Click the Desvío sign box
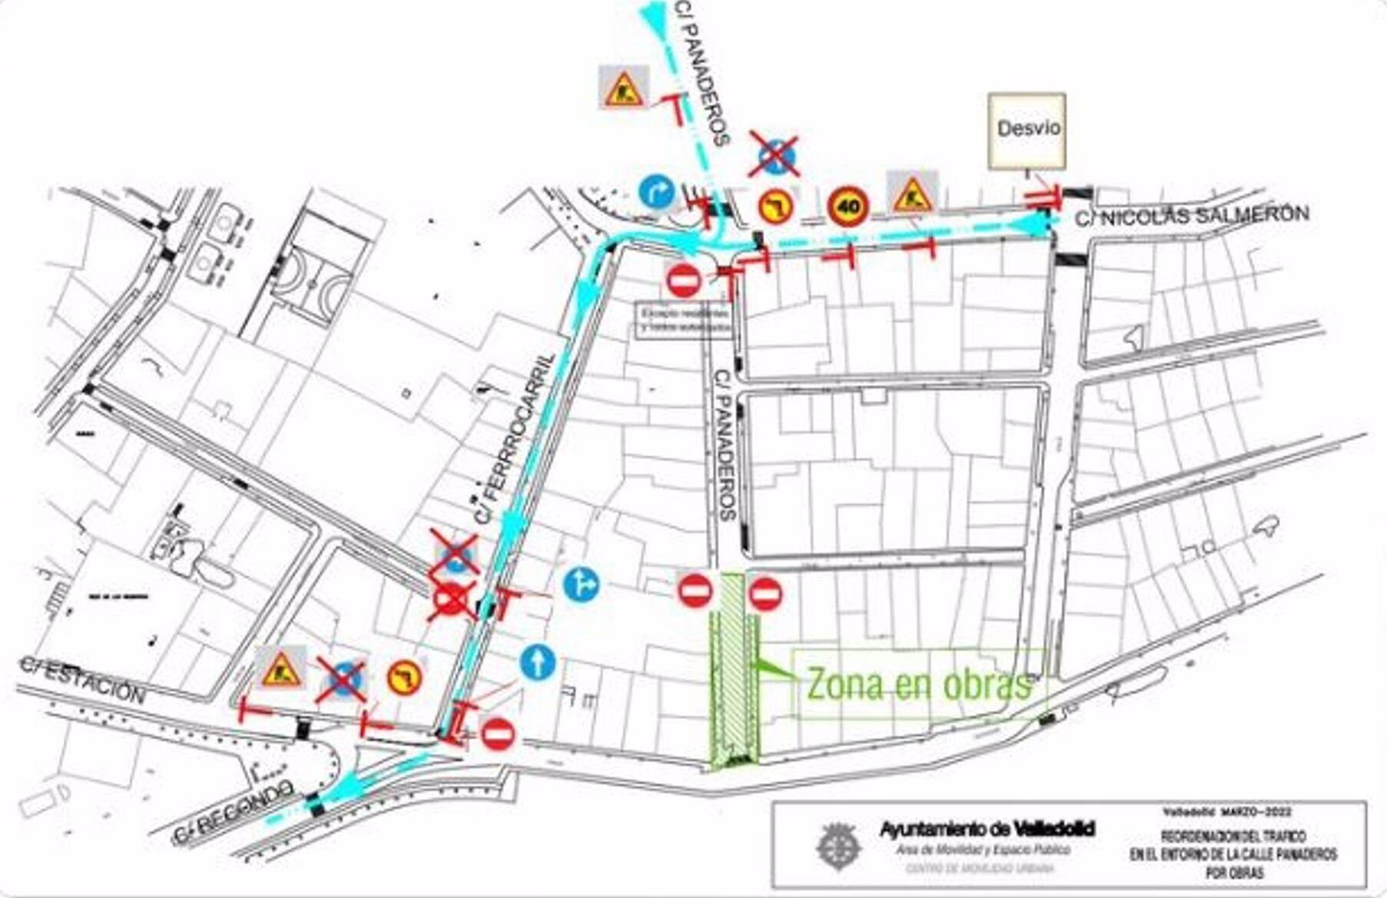(1027, 131)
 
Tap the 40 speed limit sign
(848, 206)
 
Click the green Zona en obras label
(918, 683)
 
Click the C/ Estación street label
(81, 681)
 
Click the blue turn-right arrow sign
(656, 192)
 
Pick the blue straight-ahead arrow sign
(538, 661)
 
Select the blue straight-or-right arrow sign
(582, 585)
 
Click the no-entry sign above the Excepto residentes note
(683, 280)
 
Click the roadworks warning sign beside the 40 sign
(912, 194)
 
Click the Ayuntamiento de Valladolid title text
(987, 829)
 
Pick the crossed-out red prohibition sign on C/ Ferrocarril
(452, 600)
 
